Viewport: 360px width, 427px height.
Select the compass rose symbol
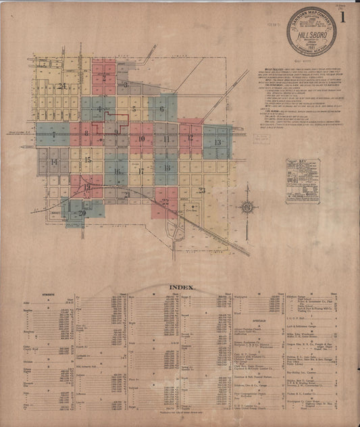(x=247, y=208)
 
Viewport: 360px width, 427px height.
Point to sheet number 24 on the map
(x=63, y=86)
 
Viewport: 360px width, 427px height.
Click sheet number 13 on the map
(x=217, y=143)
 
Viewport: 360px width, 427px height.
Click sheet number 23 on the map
(x=201, y=191)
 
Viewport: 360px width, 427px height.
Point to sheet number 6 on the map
(x=161, y=108)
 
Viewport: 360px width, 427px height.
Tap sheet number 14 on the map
(x=53, y=162)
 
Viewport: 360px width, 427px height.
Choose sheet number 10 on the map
(x=141, y=139)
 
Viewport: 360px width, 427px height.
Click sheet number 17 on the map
(x=141, y=171)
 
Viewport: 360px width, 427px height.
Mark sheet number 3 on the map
(x=126, y=86)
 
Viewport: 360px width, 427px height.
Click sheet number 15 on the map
(x=88, y=159)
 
